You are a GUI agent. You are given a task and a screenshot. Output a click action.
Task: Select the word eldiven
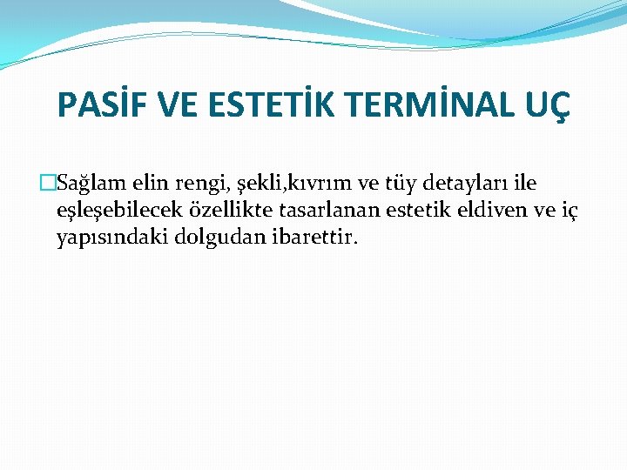(491, 210)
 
